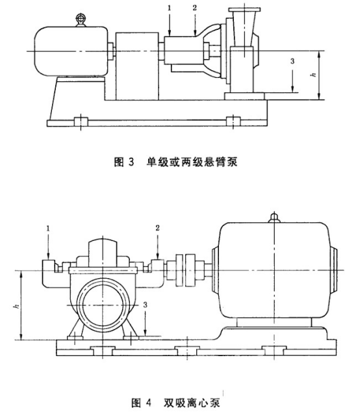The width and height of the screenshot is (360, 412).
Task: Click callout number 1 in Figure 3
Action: pyautogui.click(x=169, y=8)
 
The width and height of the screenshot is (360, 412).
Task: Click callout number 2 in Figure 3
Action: pyautogui.click(x=194, y=8)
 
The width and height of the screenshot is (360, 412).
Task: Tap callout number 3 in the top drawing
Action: pyautogui.click(x=292, y=61)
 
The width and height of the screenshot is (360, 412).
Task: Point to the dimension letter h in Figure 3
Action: pyautogui.click(x=313, y=75)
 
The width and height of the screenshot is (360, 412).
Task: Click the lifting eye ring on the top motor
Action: pyautogui.click(x=80, y=18)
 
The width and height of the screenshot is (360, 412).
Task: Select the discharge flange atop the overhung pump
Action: pyautogui.click(x=244, y=10)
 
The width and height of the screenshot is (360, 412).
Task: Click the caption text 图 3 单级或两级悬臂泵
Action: pyautogui.click(x=176, y=162)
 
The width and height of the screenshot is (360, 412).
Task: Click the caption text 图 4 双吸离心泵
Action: pyautogui.click(x=175, y=402)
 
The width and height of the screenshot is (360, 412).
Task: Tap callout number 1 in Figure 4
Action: pyautogui.click(x=48, y=229)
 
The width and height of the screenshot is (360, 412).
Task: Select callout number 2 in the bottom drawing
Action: pyautogui.click(x=157, y=228)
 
